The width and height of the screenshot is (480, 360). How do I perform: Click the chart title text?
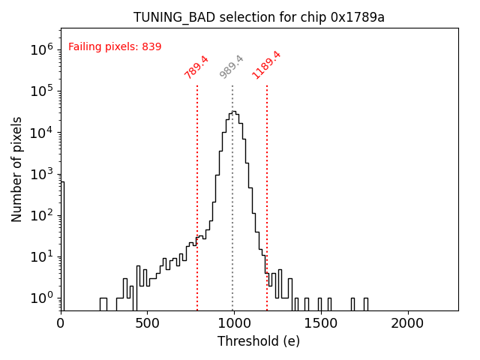(x=259, y=17)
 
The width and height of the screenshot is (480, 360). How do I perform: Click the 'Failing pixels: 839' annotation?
(x=115, y=47)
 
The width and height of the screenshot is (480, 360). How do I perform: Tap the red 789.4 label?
(x=196, y=67)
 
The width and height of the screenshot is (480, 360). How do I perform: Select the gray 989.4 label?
(x=232, y=67)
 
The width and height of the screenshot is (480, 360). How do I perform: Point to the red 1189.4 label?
(x=266, y=64)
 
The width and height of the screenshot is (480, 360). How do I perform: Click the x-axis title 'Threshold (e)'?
(x=259, y=341)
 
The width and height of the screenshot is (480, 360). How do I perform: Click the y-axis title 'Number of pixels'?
(x=17, y=169)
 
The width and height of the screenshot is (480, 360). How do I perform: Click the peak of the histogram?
(x=233, y=112)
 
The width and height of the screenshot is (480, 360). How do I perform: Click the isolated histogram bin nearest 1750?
(x=366, y=303)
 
